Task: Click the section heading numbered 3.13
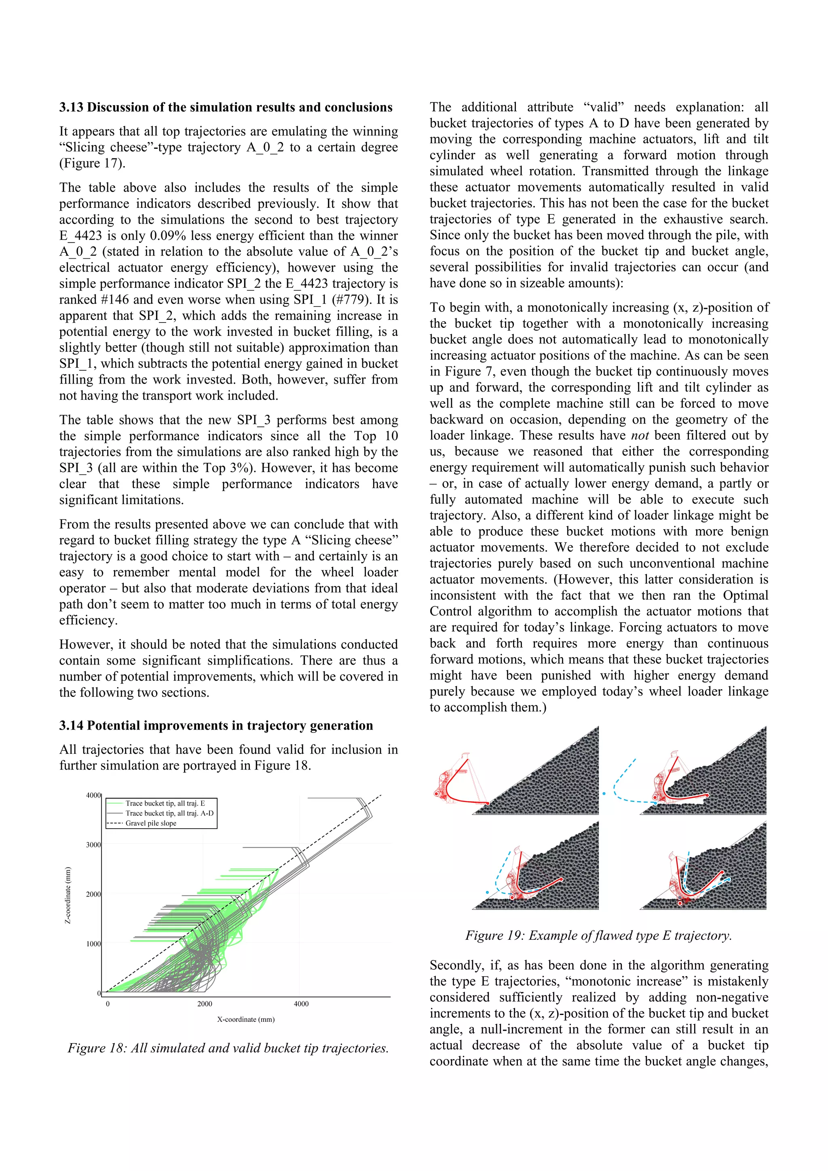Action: coord(226,107)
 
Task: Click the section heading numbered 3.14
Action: coord(216,725)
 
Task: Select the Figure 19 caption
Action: coord(598,935)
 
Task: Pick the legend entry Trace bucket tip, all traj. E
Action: coord(165,803)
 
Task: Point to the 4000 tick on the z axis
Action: coord(93,795)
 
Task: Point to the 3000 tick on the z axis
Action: coord(93,844)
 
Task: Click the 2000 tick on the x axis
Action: coord(205,1004)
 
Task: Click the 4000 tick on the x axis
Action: coord(301,1004)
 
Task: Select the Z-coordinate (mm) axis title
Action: coord(68,895)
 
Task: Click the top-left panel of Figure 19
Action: coord(515,770)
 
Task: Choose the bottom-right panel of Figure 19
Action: coord(703,866)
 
